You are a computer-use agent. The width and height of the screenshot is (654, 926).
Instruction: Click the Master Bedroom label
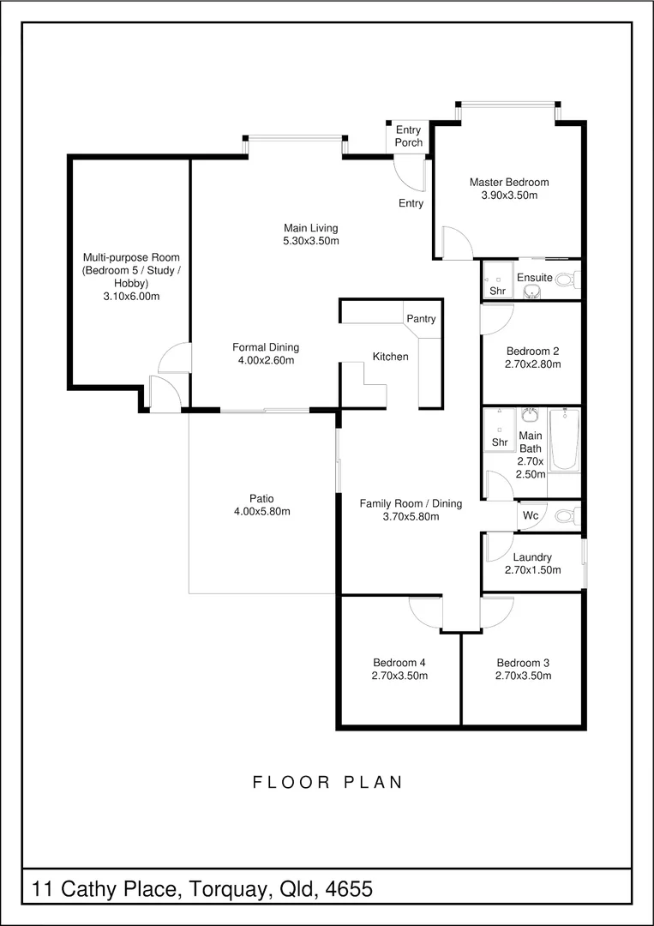(x=509, y=182)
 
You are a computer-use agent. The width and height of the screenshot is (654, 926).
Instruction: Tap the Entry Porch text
(x=409, y=136)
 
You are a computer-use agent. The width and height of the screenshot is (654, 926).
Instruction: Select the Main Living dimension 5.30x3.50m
(x=310, y=240)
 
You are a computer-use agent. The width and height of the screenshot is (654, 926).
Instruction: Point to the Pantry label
(x=421, y=319)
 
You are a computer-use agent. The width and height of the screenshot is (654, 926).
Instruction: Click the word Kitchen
(x=390, y=357)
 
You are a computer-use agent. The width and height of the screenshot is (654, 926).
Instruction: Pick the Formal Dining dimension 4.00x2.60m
(x=266, y=359)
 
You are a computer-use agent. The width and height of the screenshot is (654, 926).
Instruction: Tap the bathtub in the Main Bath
(x=564, y=439)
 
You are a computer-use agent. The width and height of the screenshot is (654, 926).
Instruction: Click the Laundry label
(x=532, y=557)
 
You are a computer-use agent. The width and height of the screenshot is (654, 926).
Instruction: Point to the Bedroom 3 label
(x=524, y=663)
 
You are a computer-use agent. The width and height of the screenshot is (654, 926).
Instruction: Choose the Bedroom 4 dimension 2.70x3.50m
(x=399, y=676)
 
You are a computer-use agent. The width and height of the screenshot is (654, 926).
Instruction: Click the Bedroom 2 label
(x=533, y=350)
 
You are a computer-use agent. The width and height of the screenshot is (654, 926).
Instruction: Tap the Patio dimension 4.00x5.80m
(x=262, y=511)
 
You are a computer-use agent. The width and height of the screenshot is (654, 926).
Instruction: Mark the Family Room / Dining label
(x=411, y=504)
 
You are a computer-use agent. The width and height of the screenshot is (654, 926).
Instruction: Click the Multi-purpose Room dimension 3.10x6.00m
(x=131, y=296)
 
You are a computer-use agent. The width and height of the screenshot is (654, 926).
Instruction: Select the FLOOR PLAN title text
(x=327, y=783)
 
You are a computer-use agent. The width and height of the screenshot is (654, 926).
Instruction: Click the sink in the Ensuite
(x=531, y=292)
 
